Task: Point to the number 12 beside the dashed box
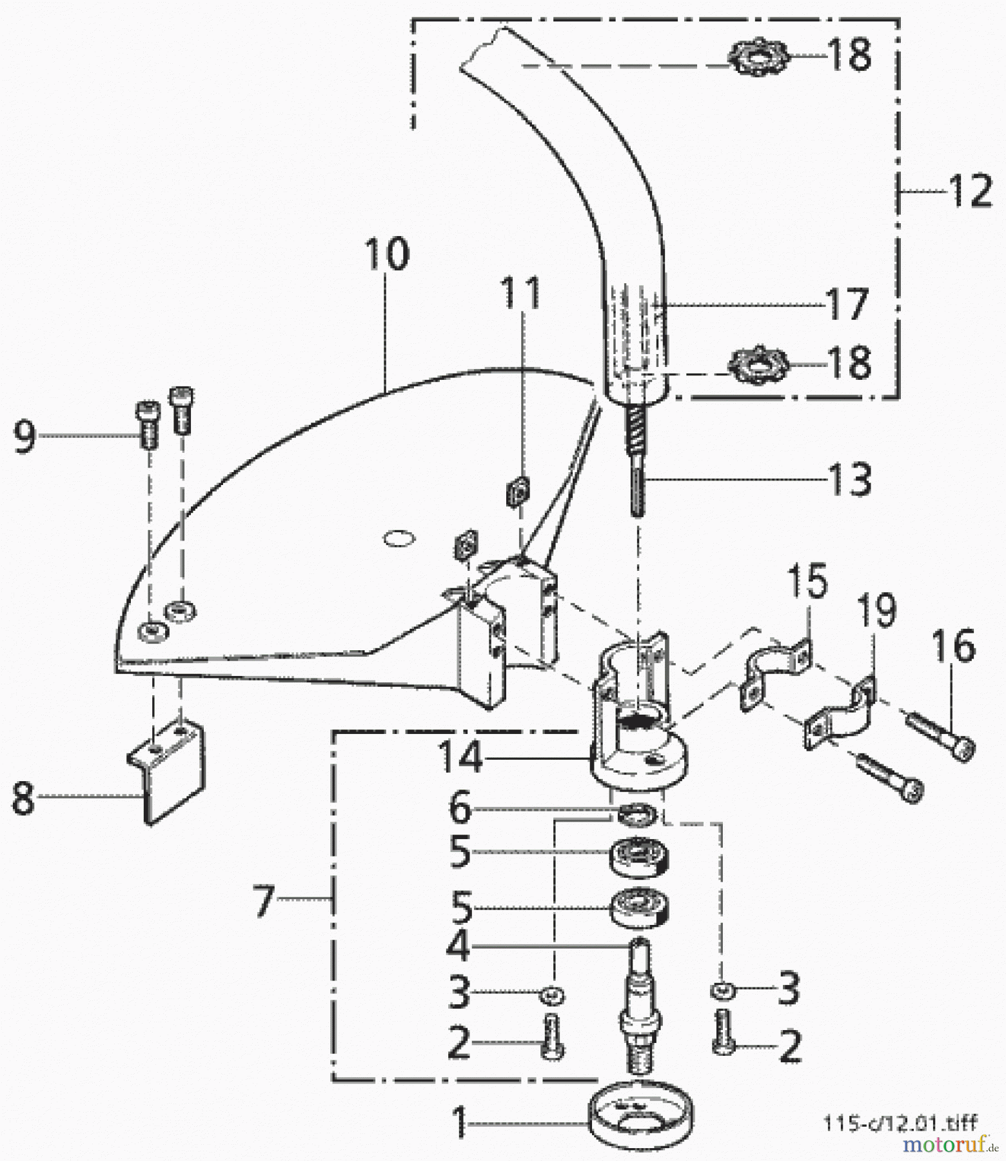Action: click(x=970, y=191)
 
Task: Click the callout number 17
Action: click(x=846, y=304)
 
